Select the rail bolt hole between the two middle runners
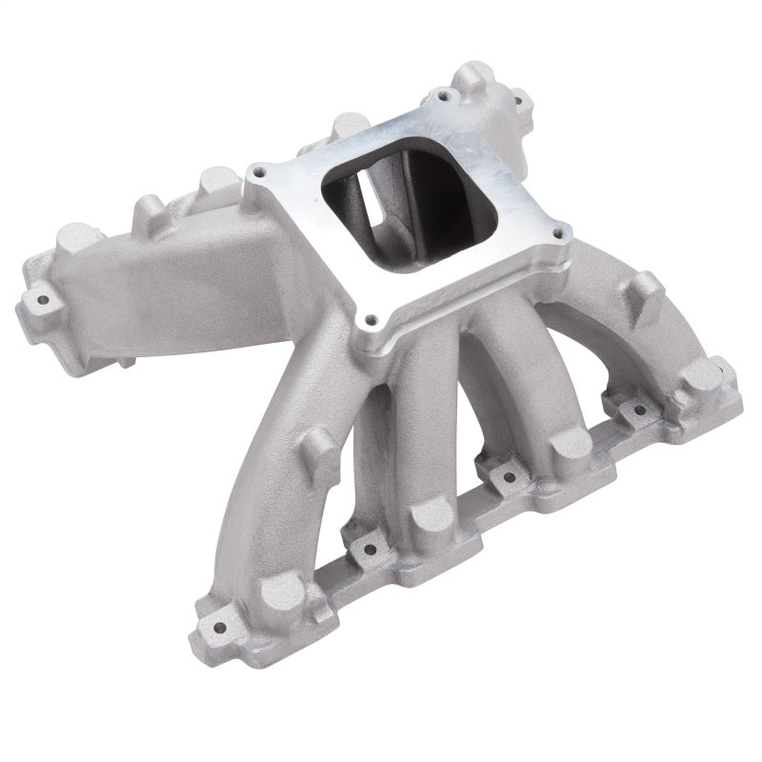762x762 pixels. [506, 477]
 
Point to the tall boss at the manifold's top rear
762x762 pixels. [476, 76]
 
